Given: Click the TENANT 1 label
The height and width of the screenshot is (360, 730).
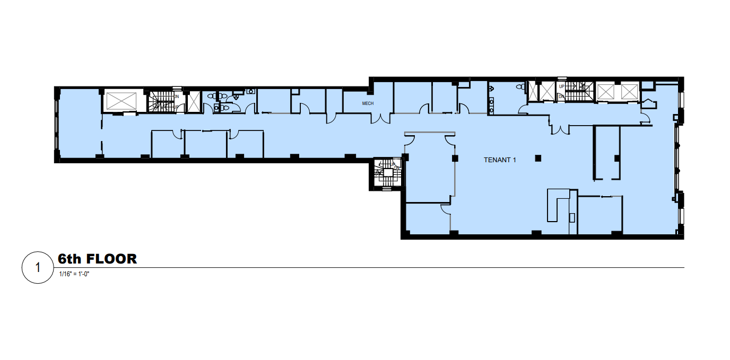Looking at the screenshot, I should [500, 160].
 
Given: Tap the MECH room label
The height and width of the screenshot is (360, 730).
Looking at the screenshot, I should [368, 103].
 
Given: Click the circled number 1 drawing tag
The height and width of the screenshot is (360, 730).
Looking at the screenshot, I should [37, 268].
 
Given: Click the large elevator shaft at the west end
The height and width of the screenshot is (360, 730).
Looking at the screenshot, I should [121, 100].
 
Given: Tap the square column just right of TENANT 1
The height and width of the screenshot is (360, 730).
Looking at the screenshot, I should [538, 157].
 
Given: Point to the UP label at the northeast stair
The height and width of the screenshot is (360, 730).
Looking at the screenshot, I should [561, 86].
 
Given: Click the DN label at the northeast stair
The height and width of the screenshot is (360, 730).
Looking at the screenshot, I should [561, 96].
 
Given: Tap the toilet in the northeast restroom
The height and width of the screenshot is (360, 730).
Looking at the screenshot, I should [518, 86].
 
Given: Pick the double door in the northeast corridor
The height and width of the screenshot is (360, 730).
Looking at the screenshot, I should [559, 128].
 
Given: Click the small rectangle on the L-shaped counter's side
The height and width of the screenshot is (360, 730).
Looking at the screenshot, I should [571, 217].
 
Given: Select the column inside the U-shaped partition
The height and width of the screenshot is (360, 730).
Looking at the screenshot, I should [616, 158].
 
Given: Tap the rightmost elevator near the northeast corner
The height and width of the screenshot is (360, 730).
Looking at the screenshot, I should [630, 91].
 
